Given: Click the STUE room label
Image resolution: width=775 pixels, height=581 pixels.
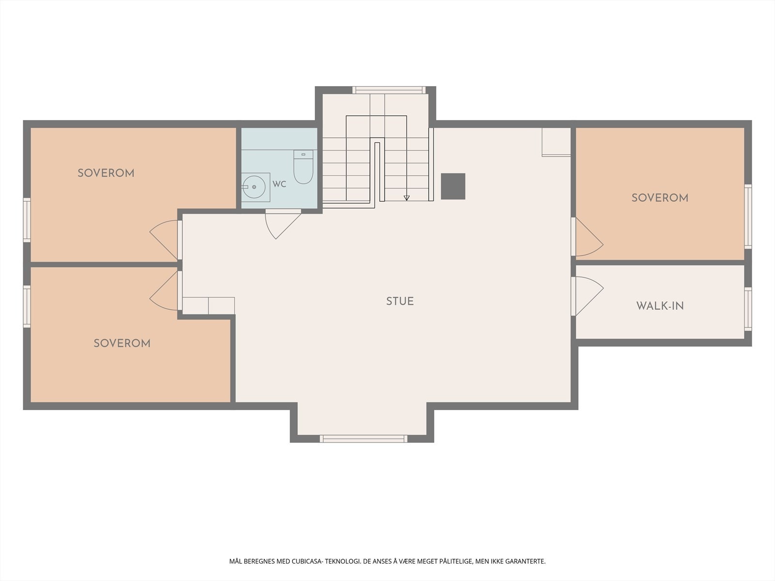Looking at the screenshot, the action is pos(400,301).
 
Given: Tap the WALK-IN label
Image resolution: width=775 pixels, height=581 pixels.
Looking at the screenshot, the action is pos(660,306).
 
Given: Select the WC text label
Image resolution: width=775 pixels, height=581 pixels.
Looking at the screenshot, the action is pos(279,184).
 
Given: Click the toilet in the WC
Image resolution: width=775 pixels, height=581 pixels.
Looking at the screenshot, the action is pos(303,167).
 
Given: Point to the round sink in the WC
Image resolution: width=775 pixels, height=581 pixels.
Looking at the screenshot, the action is pos(254,187).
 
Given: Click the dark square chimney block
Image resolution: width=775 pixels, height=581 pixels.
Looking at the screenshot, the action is pos(453,186).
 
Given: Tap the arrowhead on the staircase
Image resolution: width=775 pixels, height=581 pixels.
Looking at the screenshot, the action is pos(406,198).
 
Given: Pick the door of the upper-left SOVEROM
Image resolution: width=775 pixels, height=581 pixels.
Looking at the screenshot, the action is pos(164,239).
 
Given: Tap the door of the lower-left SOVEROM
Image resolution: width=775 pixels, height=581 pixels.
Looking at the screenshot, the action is pos(164,290).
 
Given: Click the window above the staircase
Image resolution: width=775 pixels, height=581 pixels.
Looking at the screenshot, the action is pos(389,90).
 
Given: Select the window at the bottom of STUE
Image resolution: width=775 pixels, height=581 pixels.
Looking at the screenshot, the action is pos(364,439).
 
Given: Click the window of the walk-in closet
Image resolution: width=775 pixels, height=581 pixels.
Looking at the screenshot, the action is pos(748,309).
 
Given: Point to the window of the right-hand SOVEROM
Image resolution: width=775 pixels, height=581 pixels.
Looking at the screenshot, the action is pos(748,216).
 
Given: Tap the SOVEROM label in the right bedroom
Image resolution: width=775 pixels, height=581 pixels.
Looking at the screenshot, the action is pos(660,198).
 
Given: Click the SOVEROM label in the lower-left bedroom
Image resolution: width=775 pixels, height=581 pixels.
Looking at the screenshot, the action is pos(122,343).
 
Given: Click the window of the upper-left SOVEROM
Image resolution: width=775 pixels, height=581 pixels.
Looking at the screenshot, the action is pos(27,220).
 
